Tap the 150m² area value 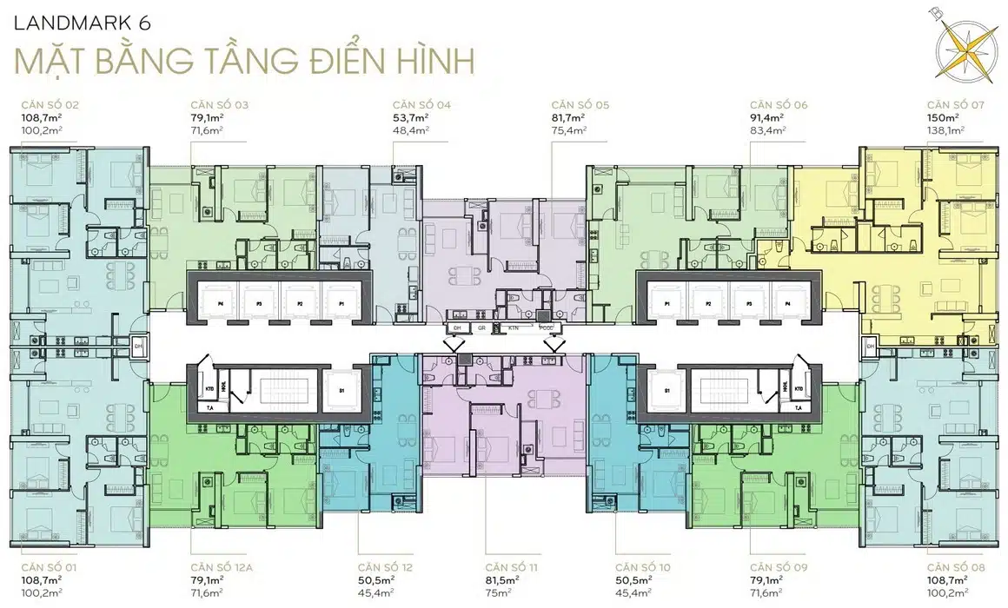pos(942,116)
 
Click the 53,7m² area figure pos(408,116)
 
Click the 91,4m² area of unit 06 pos(767,116)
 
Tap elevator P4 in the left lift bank pos(221,304)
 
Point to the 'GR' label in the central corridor pos(481,329)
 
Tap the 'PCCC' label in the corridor pos(546,329)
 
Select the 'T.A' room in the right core pos(798,406)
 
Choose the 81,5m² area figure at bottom pos(502,578)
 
